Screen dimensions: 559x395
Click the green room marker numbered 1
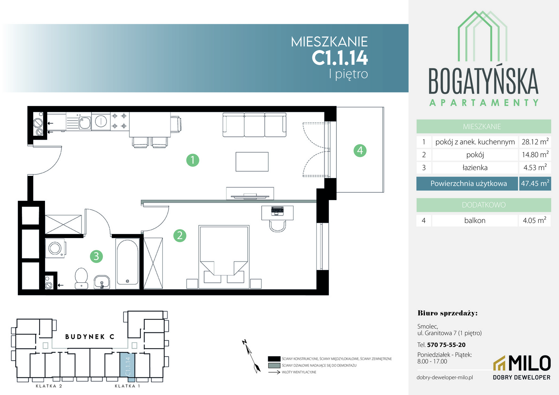pyautogui.click(x=193, y=160)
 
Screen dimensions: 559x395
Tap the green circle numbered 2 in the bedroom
pyautogui.click(x=180, y=236)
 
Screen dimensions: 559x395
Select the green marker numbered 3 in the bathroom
pyautogui.click(x=96, y=256)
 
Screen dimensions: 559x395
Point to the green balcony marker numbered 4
pyautogui.click(x=360, y=150)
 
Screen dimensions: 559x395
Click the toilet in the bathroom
pyautogui.click(x=81, y=278)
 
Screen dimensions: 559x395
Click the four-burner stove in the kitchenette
pyautogui.click(x=119, y=121)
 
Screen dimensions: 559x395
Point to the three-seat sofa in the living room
pyautogui.click(x=254, y=124)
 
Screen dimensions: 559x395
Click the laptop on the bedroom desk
pyautogui.click(x=277, y=211)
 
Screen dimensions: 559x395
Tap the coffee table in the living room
pyautogui.click(x=252, y=162)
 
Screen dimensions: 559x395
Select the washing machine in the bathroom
pyautogui.click(x=55, y=248)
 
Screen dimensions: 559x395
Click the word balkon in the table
pyautogui.click(x=474, y=220)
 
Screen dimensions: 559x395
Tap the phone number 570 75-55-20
pyautogui.click(x=446, y=345)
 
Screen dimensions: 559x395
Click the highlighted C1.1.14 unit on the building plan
pyautogui.click(x=128, y=367)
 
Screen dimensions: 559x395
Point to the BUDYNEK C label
pyautogui.click(x=90, y=336)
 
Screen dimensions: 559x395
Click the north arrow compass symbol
pyautogui.click(x=251, y=356)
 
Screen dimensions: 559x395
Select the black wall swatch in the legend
pyautogui.click(x=274, y=359)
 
